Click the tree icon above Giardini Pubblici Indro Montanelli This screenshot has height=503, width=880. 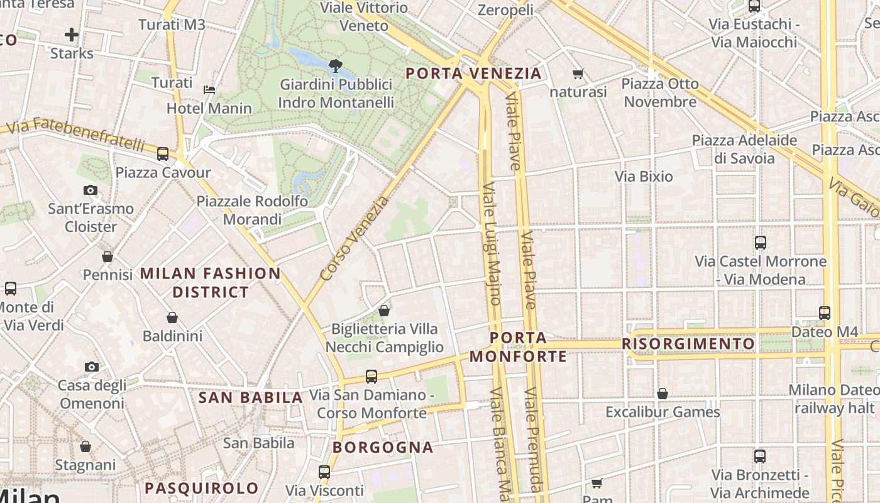(336, 65)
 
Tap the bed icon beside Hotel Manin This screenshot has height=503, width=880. (209, 90)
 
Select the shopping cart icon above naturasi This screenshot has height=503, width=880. (578, 74)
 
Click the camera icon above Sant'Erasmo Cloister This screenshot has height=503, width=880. (91, 190)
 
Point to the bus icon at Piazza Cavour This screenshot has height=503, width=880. (163, 153)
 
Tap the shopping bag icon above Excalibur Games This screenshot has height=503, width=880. (662, 394)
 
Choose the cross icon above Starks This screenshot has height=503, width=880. (72, 34)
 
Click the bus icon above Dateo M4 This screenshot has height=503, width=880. (825, 312)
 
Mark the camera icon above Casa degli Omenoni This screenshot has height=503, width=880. (92, 367)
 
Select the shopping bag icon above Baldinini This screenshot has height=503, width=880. (172, 318)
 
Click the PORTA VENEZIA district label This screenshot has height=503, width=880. (473, 74)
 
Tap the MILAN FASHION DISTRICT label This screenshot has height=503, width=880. (211, 283)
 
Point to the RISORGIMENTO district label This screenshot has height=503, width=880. (688, 344)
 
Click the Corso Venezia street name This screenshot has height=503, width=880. (355, 239)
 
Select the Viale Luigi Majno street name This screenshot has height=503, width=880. (492, 244)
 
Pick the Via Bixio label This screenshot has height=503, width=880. (644, 177)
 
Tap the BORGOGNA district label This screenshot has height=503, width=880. (383, 448)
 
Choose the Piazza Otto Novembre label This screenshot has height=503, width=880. (660, 92)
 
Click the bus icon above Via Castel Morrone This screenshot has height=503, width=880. (761, 242)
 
